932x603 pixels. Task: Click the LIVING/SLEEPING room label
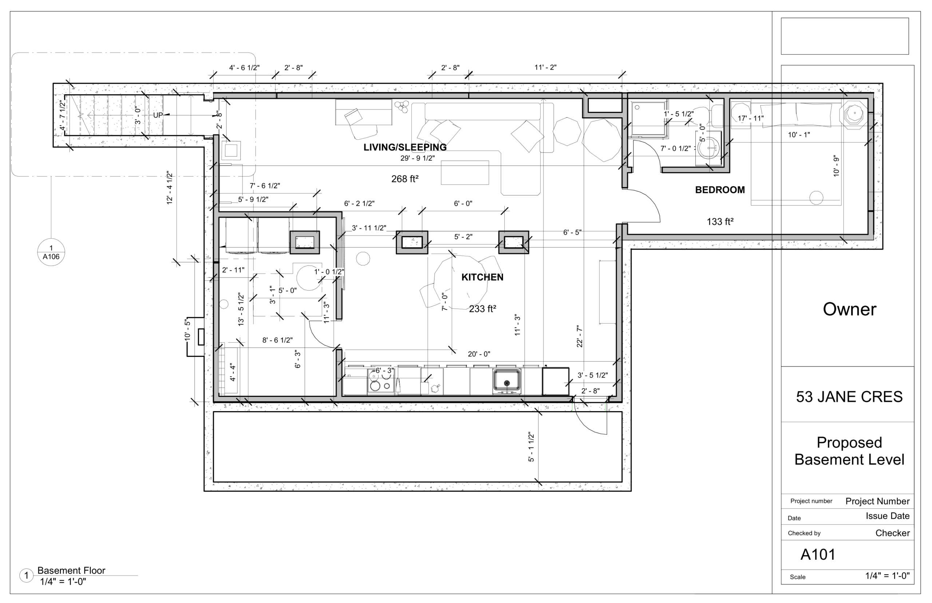tap(405, 147)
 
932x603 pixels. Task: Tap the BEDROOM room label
tap(719, 190)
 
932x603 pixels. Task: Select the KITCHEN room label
tap(482, 277)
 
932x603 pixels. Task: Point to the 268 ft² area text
tap(405, 179)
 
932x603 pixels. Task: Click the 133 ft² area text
tap(719, 222)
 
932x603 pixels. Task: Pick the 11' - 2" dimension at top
tap(545, 67)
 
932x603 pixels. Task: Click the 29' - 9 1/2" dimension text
tap(417, 158)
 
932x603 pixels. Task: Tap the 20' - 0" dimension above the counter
tap(479, 354)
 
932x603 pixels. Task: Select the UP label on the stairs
tap(158, 115)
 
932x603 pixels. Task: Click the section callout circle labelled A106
tap(51, 252)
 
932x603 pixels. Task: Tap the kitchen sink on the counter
tap(506, 381)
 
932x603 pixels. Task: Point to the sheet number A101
tap(818, 555)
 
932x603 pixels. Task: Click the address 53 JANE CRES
tap(849, 397)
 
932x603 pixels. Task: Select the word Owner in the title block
tap(849, 310)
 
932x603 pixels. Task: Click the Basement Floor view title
tap(71, 571)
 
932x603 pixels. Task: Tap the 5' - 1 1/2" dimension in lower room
tap(531, 447)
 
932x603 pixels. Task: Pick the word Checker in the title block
tap(892, 533)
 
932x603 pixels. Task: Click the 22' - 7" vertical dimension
tap(580, 336)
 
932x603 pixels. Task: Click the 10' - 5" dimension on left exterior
tap(187, 329)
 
